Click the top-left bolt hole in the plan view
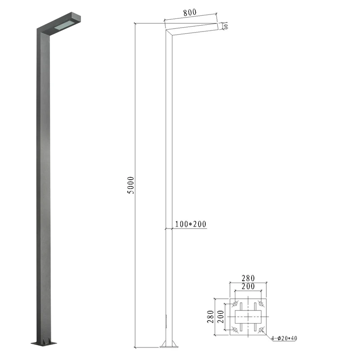(235, 304)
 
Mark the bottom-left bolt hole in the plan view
(235, 330)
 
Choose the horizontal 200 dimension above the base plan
(247, 286)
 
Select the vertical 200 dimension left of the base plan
(220, 317)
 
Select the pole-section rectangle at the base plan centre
(247, 317)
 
